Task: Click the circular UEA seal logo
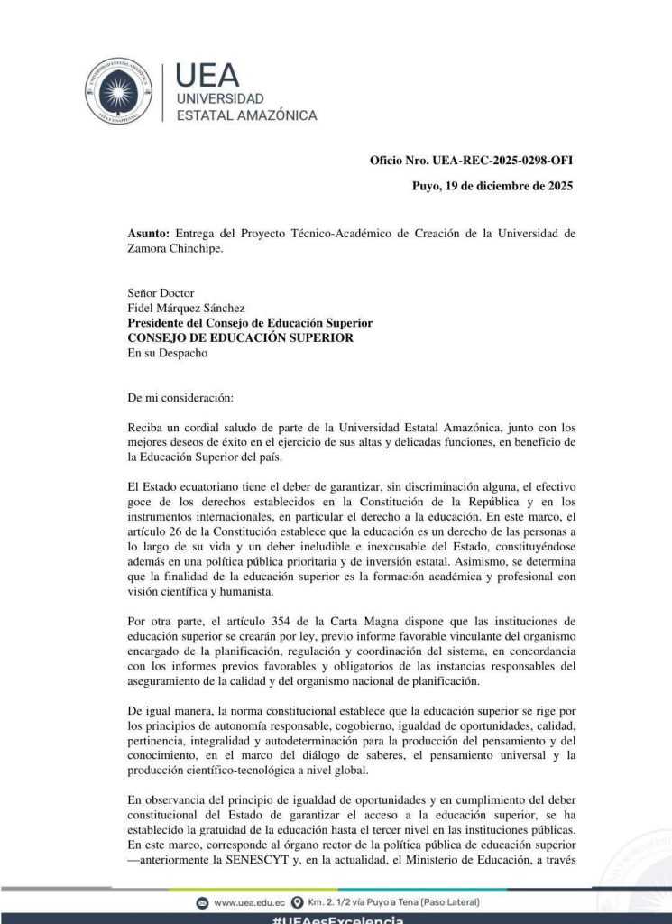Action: point(119,90)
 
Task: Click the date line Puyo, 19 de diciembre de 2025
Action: point(492,188)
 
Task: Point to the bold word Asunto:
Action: point(149,234)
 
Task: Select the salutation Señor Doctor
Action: point(161,292)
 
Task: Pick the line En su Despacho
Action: point(168,353)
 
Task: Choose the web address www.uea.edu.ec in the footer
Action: point(250,902)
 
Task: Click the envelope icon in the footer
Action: point(203,902)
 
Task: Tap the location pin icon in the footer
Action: point(297,902)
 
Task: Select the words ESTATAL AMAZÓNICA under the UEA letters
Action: point(245,115)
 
